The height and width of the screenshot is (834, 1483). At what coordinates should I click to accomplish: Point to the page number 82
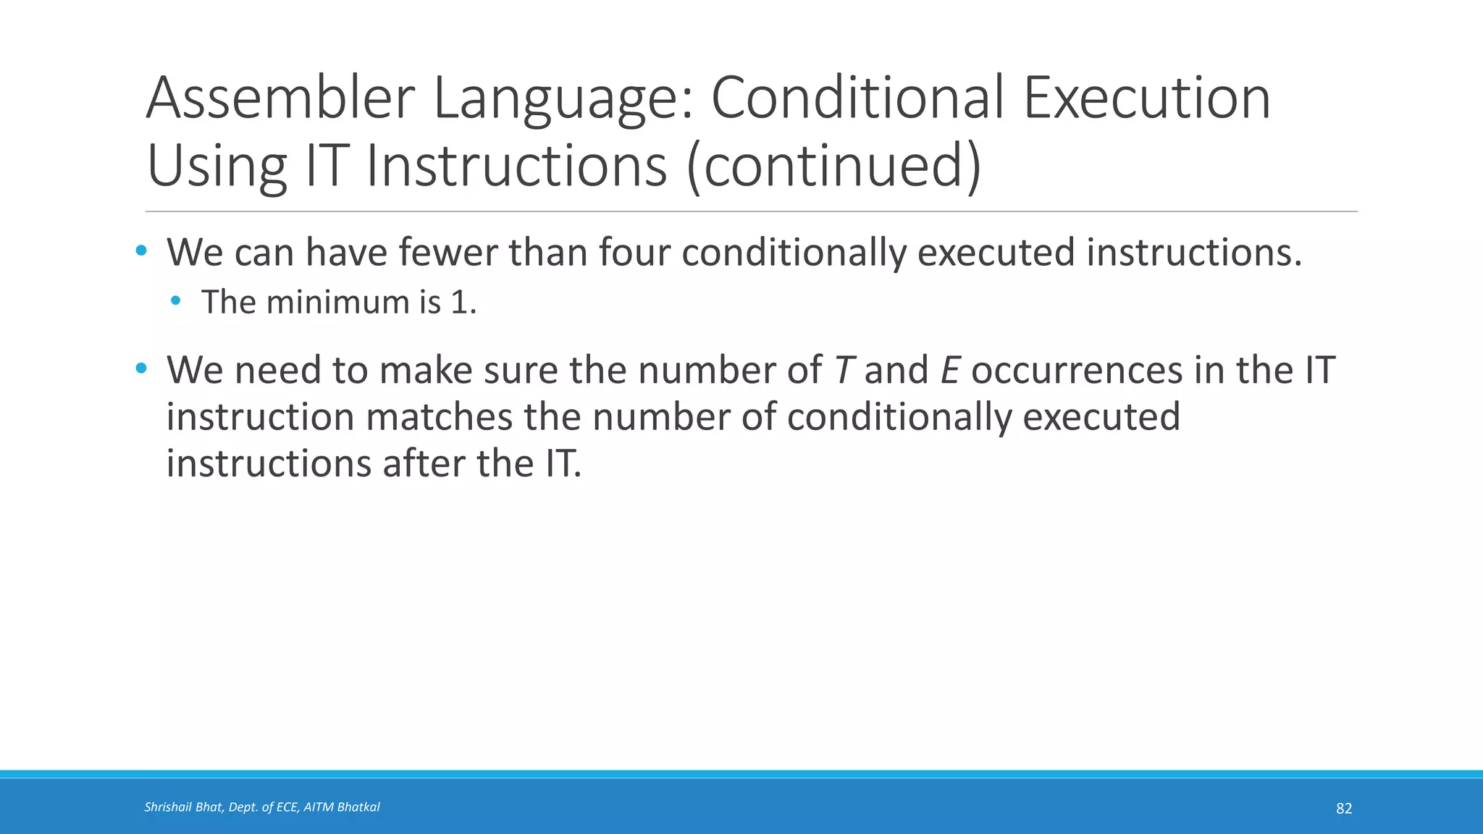pos(1343,809)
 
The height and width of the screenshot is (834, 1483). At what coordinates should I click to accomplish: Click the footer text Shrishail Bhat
pos(184,807)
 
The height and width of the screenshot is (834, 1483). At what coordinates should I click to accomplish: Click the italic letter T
pos(841,371)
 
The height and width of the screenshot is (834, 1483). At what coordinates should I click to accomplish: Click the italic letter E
pos(950,371)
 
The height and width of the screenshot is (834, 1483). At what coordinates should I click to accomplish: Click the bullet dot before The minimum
pos(176,300)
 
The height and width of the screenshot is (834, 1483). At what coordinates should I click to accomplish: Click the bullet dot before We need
pos(141,368)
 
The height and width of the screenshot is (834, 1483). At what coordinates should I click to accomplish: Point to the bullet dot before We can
pos(141,251)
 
